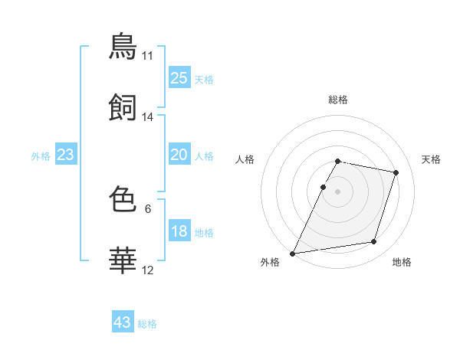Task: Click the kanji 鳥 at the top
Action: (123, 46)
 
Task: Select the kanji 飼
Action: (123, 107)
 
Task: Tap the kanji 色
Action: (123, 198)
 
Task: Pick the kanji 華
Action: (123, 260)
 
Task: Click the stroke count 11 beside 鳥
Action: (147, 56)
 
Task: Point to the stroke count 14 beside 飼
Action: (147, 117)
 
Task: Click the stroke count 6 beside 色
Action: (148, 209)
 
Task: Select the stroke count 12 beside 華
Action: (147, 270)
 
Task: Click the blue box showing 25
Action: (179, 77)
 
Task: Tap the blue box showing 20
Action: (179, 154)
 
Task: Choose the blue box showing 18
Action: (179, 230)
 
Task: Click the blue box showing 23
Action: (66, 154)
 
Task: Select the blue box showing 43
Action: (123, 321)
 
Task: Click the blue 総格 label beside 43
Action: (147, 324)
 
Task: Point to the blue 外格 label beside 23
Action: (41, 156)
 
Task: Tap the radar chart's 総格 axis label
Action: (338, 100)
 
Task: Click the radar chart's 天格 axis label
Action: (431, 159)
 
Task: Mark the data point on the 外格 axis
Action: (292, 254)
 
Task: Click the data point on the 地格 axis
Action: (374, 241)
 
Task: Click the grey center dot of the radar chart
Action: (337, 191)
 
